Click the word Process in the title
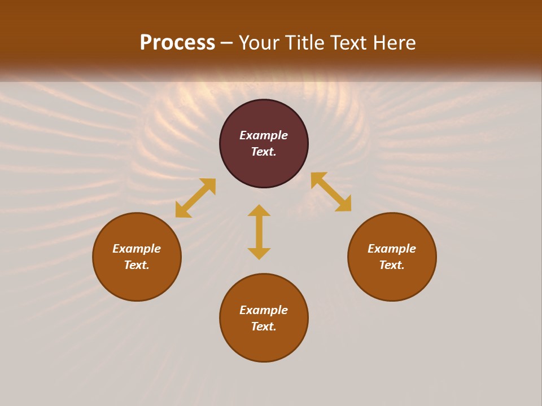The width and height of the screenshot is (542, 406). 177,43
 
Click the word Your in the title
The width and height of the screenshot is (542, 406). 260,43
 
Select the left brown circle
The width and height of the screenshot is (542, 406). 137,282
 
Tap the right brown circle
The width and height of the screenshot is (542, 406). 392,282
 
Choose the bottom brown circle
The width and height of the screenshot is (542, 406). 264,344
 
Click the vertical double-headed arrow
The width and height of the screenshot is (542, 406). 259,232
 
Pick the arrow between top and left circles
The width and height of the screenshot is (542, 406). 195,198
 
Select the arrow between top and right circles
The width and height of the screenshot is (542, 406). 331,192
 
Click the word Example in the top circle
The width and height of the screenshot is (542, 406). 264,135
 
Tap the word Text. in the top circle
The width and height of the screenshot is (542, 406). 264,152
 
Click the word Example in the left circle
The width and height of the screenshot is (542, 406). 137,249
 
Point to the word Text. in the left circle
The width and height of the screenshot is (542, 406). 137,265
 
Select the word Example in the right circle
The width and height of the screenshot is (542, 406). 392,249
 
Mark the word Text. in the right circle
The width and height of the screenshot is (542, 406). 392,265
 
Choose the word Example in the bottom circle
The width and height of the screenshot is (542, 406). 264,310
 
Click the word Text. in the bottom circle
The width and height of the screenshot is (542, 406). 264,326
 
